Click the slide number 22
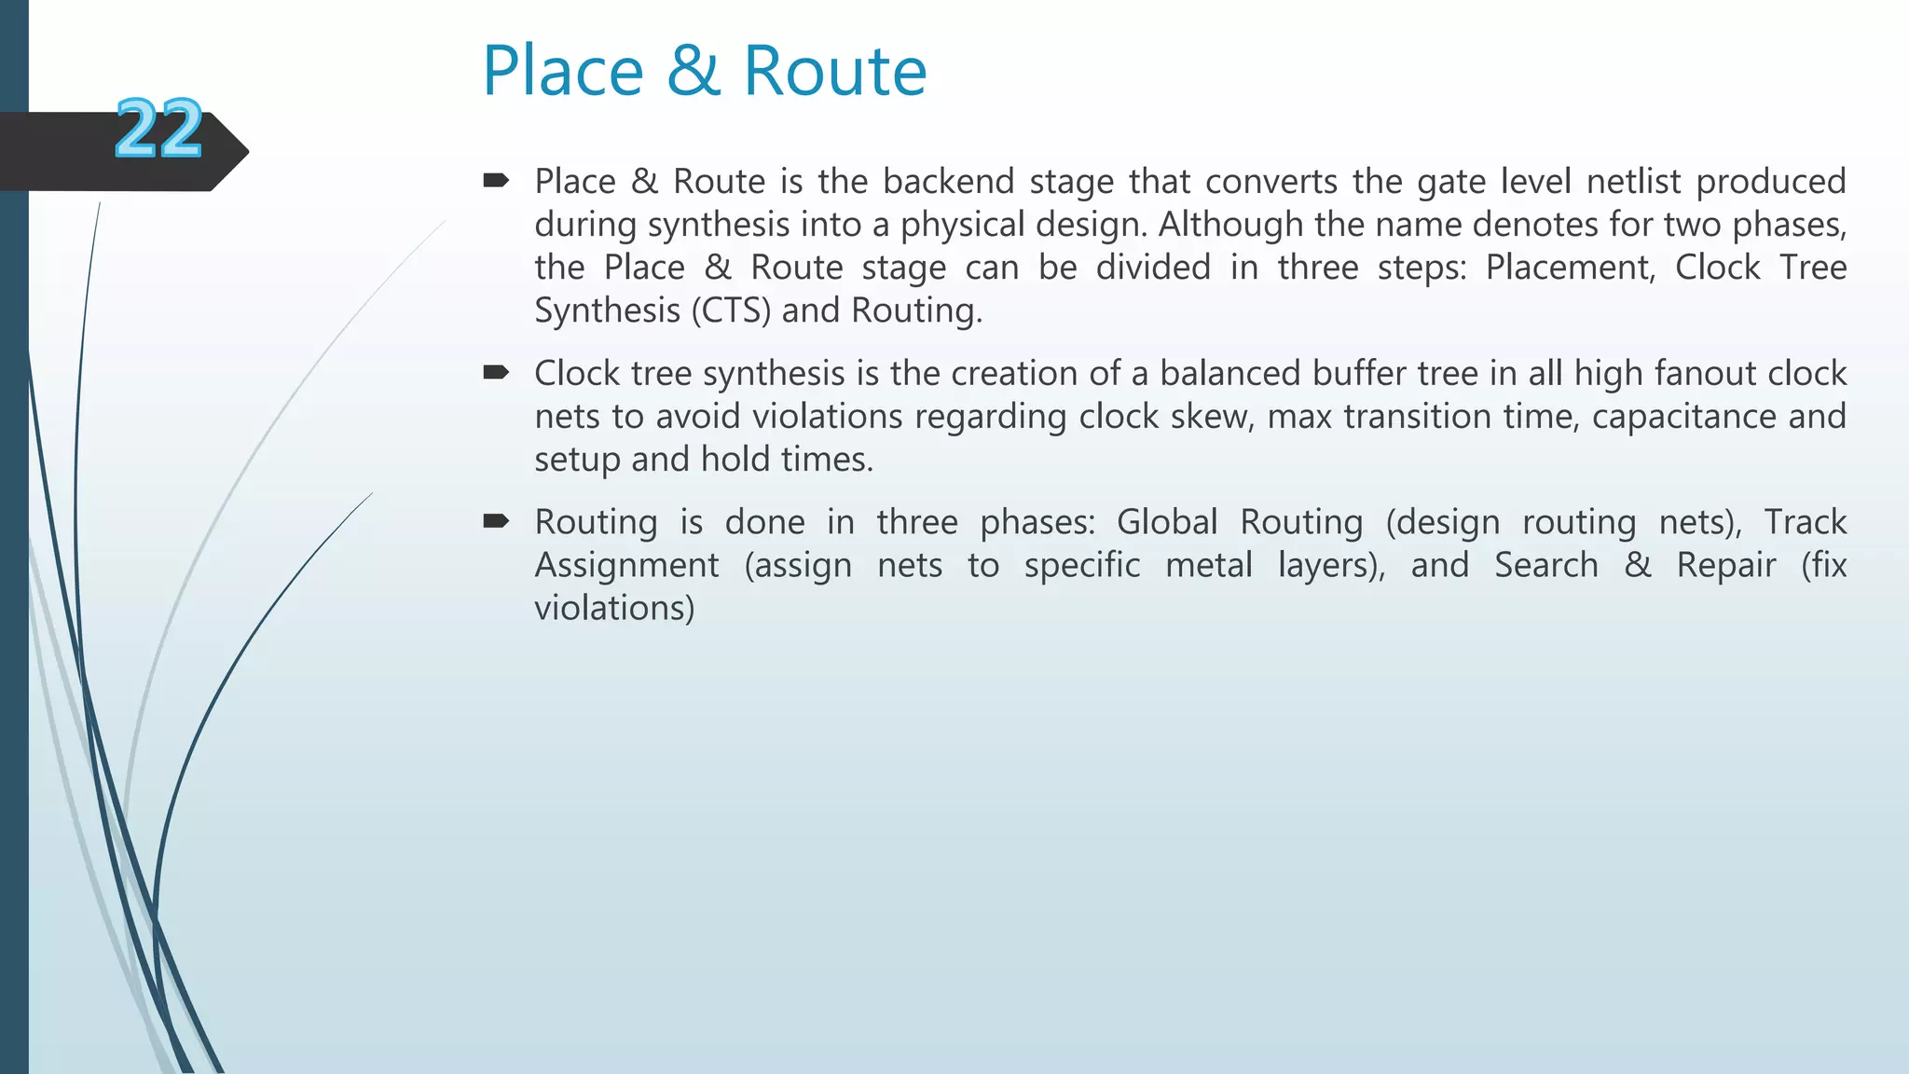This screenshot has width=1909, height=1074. [158, 129]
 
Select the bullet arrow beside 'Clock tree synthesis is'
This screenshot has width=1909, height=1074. [496, 373]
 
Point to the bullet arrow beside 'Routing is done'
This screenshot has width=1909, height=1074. [496, 521]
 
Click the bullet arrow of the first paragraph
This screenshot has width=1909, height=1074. [496, 180]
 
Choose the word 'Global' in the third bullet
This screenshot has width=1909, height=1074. [1167, 522]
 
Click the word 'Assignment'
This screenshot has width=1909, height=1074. [626, 565]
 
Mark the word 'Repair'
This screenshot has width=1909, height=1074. [1726, 565]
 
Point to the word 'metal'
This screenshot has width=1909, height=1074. [1209, 565]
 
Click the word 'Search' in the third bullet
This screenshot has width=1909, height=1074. [1546, 565]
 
